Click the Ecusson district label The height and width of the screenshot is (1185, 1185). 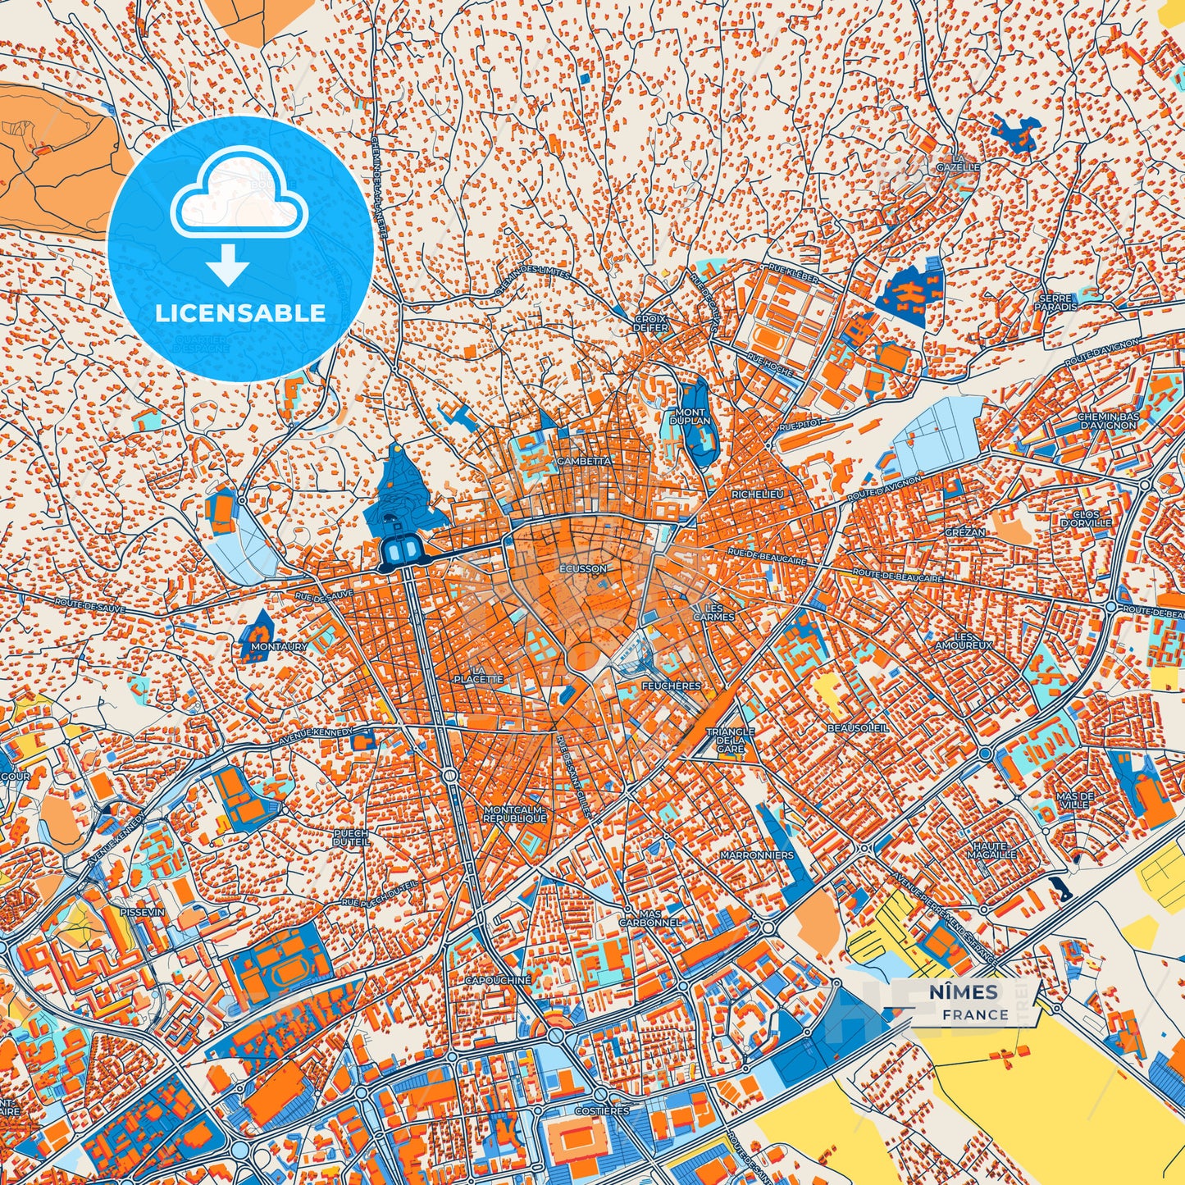point(584,568)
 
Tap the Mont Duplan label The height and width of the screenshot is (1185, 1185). point(690,417)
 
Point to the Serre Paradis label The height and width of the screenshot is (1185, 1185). point(1056,303)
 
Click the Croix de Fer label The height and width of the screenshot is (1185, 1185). point(651,323)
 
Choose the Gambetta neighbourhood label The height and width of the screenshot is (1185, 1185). point(584,461)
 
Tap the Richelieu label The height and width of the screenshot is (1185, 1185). point(758,495)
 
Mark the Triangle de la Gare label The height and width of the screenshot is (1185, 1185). point(730,740)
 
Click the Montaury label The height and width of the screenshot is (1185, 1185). point(280,646)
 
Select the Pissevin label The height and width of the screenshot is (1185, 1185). point(142,911)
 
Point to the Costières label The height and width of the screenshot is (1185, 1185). point(603,1110)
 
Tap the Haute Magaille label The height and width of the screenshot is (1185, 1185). point(994,850)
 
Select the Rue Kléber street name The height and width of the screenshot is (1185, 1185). point(793,274)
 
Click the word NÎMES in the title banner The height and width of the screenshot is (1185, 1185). point(964,992)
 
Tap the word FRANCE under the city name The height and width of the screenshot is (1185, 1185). point(975,1014)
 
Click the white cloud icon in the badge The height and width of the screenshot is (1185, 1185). point(239,199)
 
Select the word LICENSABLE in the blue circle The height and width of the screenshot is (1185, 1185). point(240,313)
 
